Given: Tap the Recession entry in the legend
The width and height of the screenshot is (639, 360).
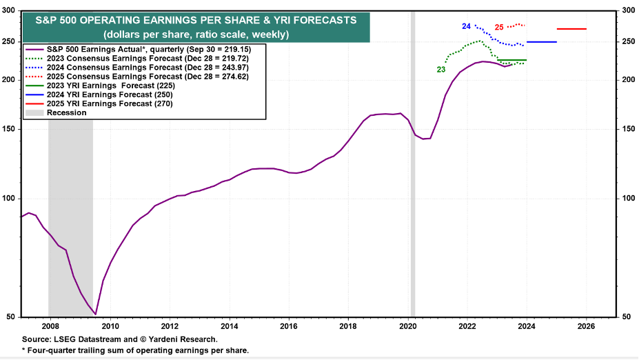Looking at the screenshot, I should click(66, 112).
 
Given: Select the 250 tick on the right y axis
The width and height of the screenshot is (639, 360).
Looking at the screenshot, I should click(628, 42).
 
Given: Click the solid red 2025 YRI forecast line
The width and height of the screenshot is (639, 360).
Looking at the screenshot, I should click(571, 29).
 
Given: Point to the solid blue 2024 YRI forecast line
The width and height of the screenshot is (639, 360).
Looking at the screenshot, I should click(541, 42).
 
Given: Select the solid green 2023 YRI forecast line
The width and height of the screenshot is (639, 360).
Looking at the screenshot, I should click(511, 60).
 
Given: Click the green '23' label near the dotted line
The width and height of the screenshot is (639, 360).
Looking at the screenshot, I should click(440, 70).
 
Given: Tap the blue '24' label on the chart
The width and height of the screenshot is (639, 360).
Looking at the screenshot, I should click(466, 26).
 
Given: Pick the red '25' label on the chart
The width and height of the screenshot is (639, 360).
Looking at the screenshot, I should click(499, 28).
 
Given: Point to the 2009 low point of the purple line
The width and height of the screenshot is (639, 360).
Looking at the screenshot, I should click(95, 314).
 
